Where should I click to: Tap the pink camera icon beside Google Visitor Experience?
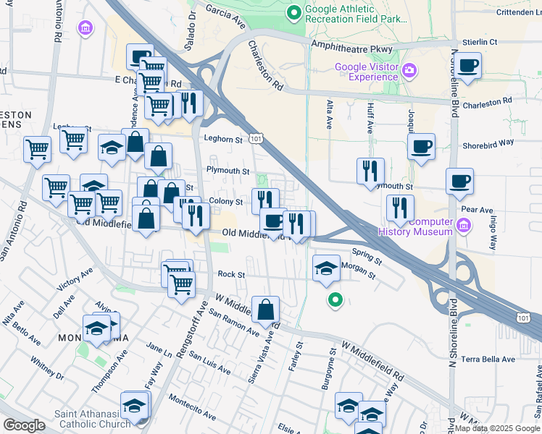[x=409, y=70]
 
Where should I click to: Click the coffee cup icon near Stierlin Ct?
[x=467, y=66]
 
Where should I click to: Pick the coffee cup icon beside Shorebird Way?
[x=420, y=147]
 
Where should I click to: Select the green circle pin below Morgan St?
[x=334, y=299]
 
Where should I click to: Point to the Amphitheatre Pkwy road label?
[x=351, y=47]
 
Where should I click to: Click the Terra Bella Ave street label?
[x=488, y=359]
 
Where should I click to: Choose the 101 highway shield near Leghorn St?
[x=255, y=137]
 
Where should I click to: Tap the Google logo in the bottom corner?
[x=24, y=425]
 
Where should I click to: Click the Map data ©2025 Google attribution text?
[x=497, y=428]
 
